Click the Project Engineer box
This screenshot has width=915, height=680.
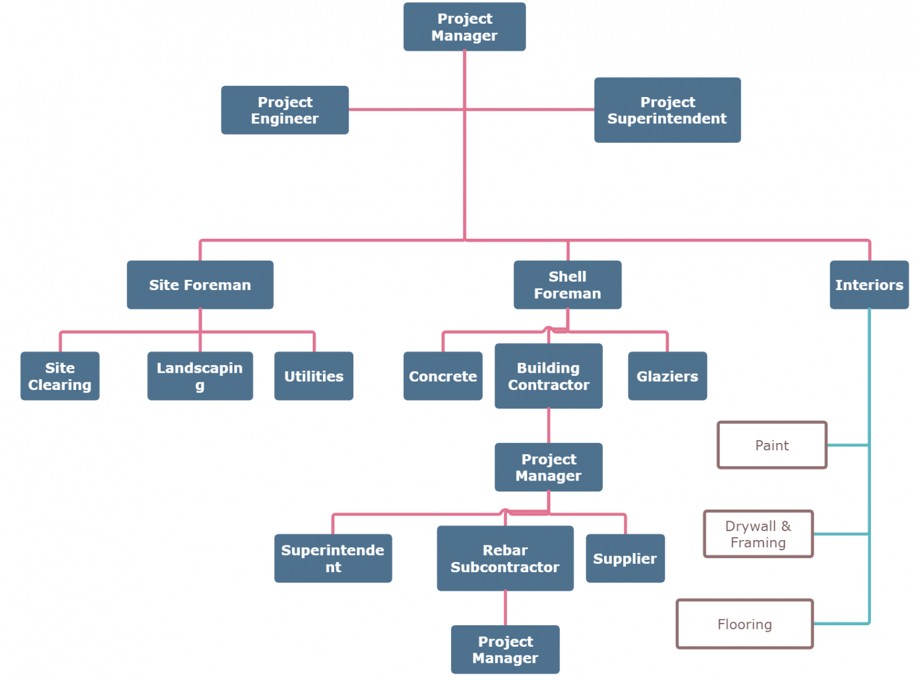(285, 110)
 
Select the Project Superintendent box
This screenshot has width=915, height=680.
(667, 110)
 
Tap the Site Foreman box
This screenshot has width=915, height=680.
(200, 285)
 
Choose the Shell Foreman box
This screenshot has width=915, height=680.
(567, 285)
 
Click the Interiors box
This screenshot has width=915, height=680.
(869, 285)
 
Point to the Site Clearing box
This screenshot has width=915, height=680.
(60, 376)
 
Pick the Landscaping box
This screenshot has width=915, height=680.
(200, 376)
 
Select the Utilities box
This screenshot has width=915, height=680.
(313, 376)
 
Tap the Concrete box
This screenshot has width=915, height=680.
(443, 376)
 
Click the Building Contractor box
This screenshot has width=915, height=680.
(548, 376)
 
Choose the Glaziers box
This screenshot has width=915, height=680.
(667, 376)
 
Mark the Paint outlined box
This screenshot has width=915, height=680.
(772, 445)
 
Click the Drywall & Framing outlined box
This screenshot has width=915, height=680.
(758, 534)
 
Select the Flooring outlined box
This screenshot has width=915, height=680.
(745, 623)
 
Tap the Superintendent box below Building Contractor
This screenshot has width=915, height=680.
(333, 558)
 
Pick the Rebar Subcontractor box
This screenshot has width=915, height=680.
(505, 558)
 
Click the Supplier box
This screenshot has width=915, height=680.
(625, 558)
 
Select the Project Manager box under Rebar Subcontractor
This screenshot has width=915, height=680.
(505, 649)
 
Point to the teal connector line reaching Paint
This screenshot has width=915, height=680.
(848, 445)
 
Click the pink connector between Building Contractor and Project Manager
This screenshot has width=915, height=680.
(549, 425)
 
